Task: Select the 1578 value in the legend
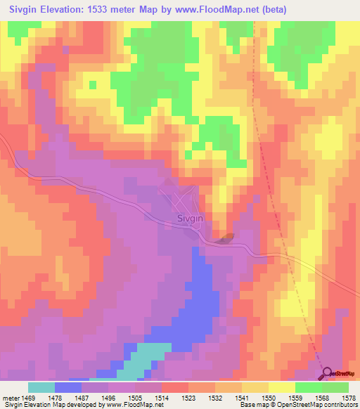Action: pos(349,398)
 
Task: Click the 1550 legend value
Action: pos(269,398)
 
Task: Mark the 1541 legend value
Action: pos(243,398)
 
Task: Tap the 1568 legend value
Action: pos(322,398)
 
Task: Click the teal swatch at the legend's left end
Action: pos(41,387)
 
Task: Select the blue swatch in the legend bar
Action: pos(68,387)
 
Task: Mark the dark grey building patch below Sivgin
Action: pos(224,240)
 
